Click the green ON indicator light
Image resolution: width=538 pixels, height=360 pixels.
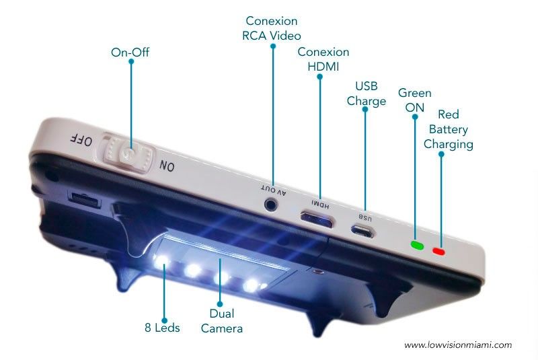pos(417,245)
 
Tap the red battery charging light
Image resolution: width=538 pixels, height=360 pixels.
pos(439,252)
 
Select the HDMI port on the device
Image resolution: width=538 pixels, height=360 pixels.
pos(317,219)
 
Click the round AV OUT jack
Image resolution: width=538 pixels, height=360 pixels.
pos(271,205)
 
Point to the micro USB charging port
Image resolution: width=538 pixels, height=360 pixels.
pos(362,231)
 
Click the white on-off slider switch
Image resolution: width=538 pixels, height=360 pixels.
pos(127,153)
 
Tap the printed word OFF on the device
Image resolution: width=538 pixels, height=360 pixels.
pos(81,140)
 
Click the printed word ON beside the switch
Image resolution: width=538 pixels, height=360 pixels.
pos(167,166)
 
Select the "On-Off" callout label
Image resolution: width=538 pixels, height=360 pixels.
pos(130,52)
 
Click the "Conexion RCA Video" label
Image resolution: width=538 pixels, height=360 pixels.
pos(272,28)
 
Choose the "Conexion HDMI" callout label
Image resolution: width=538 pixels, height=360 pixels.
pos(323,59)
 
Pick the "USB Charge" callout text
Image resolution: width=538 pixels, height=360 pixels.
pos(367,94)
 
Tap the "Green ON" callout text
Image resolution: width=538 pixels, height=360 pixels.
pos(414,100)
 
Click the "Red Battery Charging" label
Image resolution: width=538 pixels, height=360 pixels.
pos(449,129)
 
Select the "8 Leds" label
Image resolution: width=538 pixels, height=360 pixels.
pos(162,328)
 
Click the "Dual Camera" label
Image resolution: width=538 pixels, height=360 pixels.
pos(222,321)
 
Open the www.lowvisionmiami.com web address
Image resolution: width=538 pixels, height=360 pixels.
pos(458,345)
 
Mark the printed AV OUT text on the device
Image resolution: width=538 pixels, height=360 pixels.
pos(274,191)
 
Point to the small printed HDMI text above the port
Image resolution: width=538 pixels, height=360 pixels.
pos(321,204)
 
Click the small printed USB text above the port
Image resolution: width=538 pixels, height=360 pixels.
pos(365,217)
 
